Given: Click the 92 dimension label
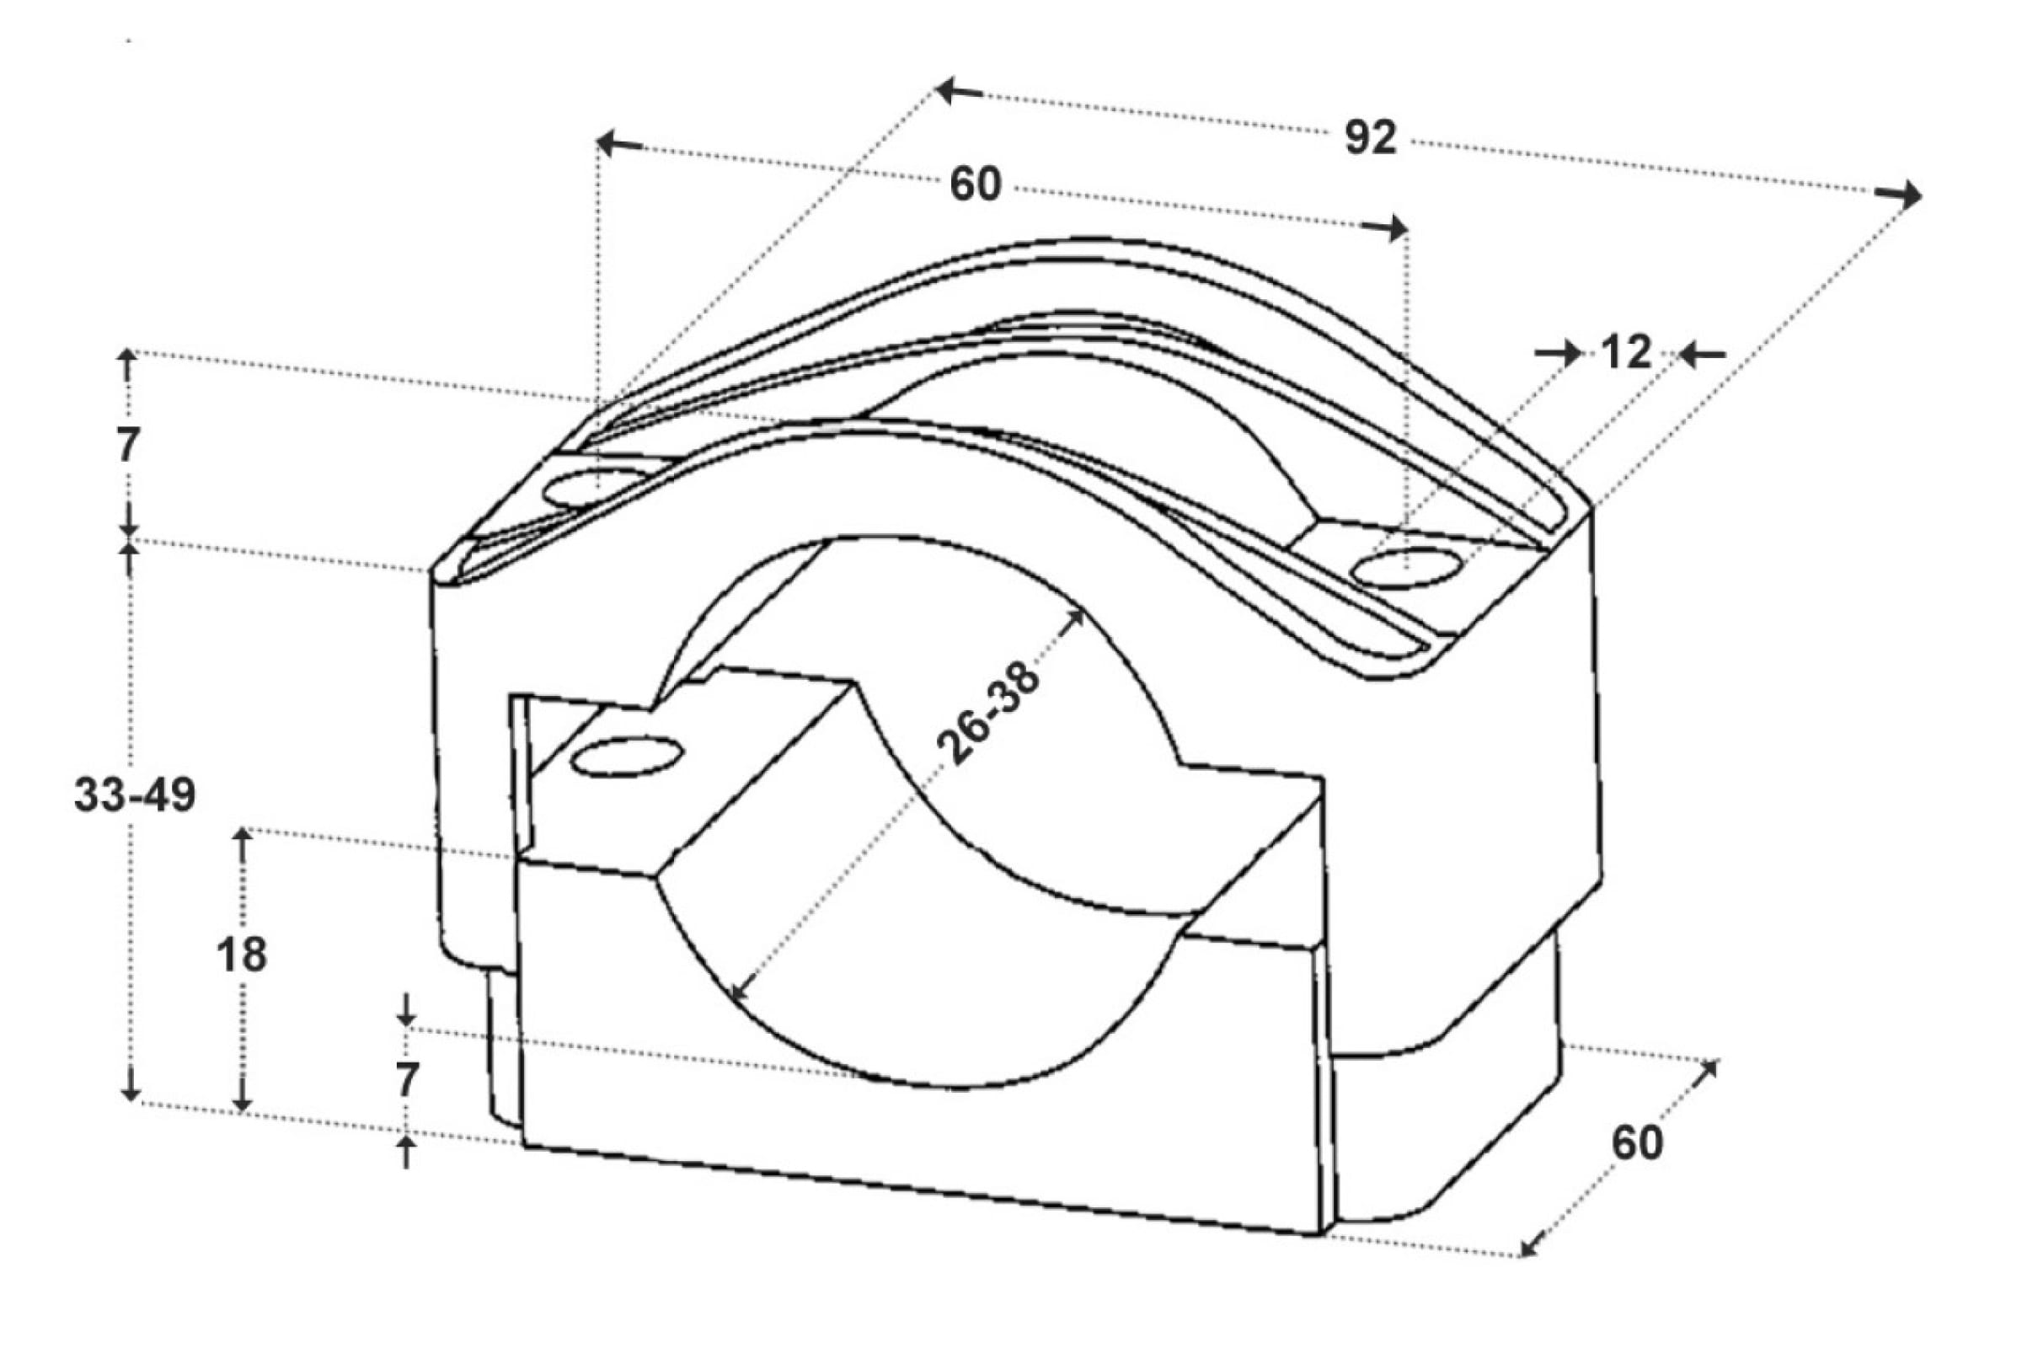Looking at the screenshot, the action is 1371,137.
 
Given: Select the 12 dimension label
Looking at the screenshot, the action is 1626,352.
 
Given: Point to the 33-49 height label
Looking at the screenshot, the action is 135,795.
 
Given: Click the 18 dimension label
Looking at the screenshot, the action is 242,955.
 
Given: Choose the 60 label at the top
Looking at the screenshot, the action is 976,185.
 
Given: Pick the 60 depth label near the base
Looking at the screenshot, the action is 1638,1143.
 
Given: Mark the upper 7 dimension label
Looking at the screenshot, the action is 128,446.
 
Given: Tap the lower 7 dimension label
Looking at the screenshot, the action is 407,1081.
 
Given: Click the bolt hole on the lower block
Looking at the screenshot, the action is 627,757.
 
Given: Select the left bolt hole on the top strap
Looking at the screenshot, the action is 596,489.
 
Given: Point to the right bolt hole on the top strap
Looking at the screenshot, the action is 1406,570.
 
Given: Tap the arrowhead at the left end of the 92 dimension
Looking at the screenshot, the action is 959,89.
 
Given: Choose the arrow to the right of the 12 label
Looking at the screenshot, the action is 1702,354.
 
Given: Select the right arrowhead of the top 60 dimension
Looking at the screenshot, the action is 1384,227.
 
